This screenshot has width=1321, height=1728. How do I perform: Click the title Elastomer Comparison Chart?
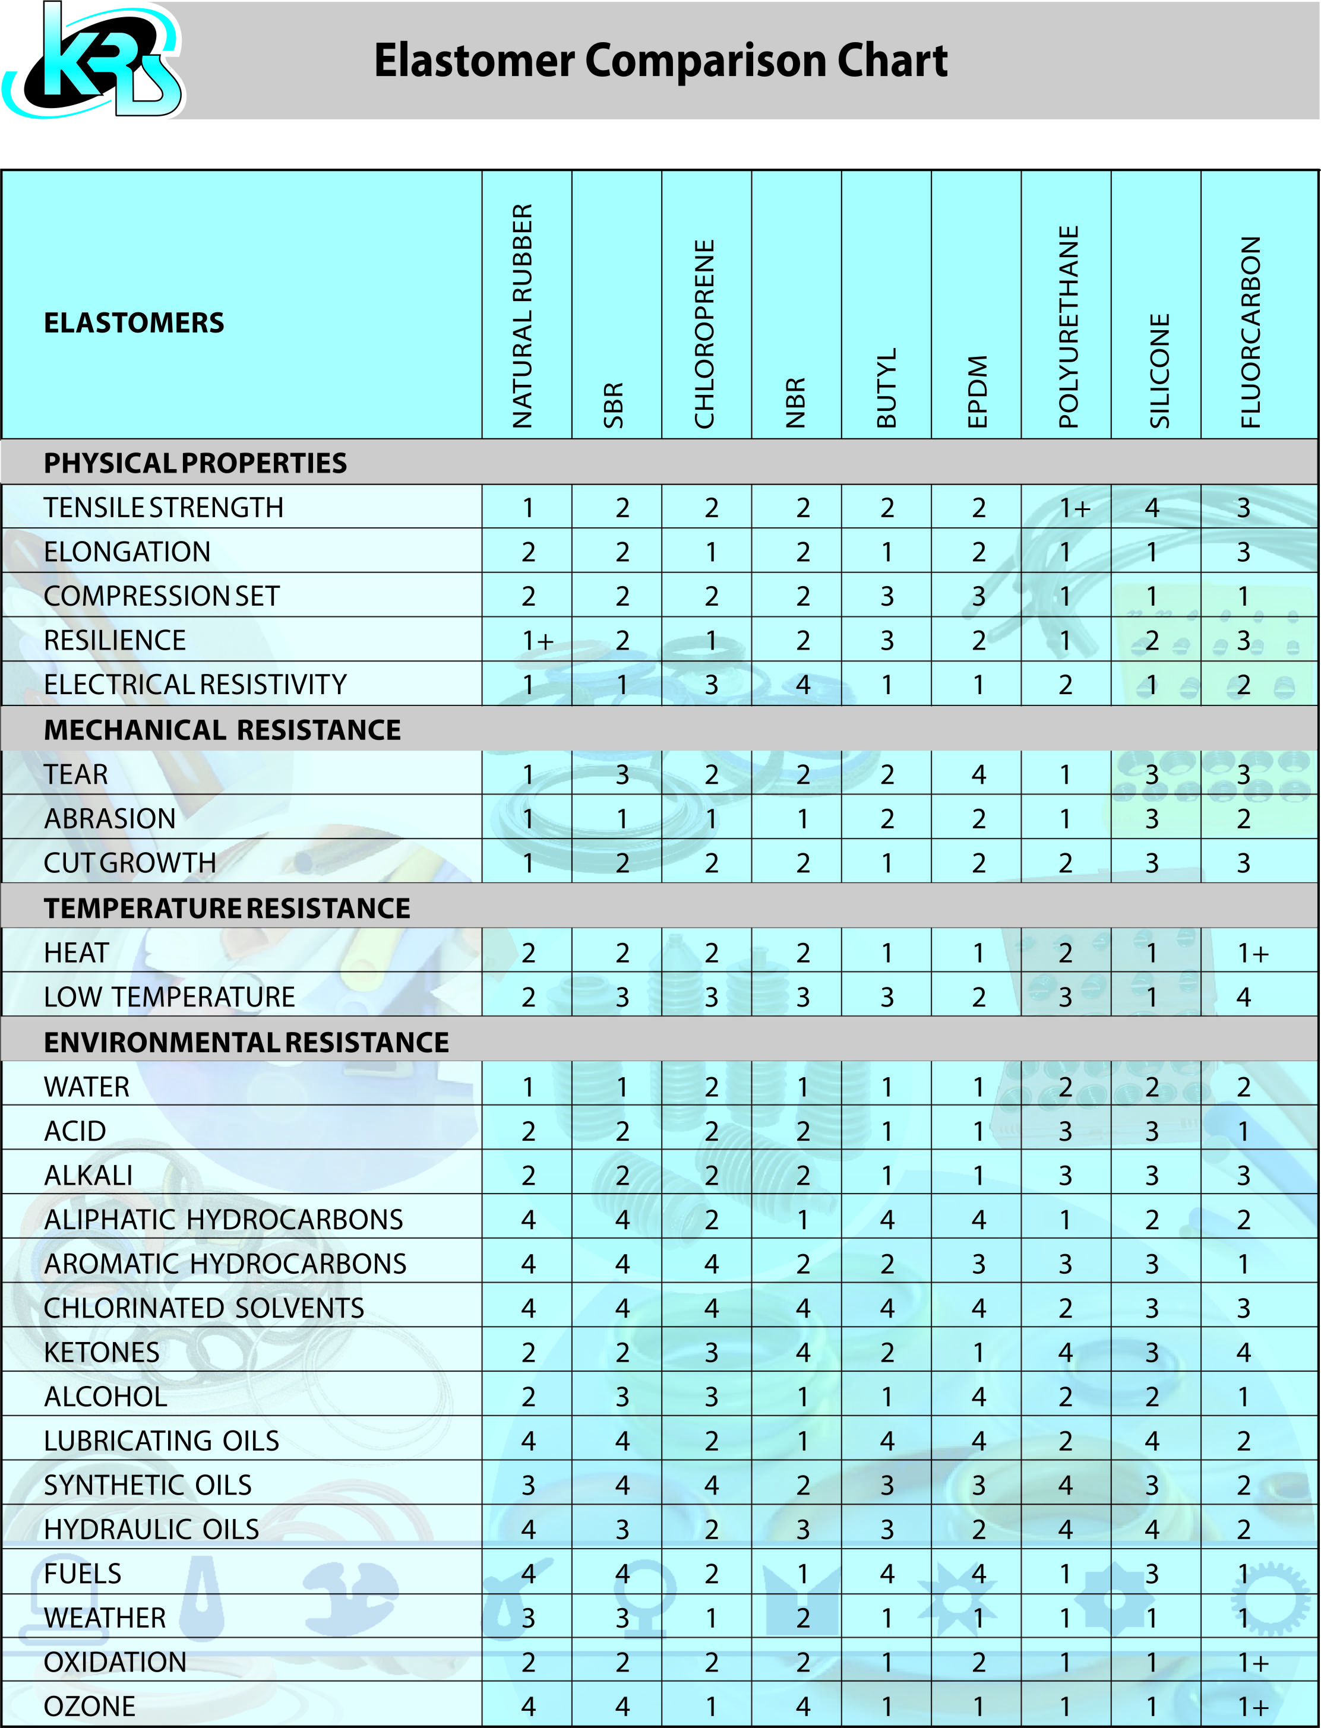click(x=660, y=61)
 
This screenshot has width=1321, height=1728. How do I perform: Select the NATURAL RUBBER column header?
click(x=523, y=316)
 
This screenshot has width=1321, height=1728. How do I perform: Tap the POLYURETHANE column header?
click(x=1069, y=326)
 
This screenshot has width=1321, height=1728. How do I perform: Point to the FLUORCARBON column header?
click(x=1250, y=332)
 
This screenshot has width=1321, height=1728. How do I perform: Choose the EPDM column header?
click(x=977, y=391)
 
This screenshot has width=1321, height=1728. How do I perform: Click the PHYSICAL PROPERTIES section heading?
click(x=195, y=463)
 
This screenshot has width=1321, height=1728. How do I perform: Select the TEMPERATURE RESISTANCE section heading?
click(x=226, y=908)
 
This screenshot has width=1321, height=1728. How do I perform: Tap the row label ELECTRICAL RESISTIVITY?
click(x=195, y=684)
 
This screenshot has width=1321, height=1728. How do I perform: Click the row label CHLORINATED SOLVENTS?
click(x=204, y=1308)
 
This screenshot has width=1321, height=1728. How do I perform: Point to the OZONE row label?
click(x=90, y=1706)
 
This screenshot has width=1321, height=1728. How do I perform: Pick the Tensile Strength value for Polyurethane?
click(x=1074, y=508)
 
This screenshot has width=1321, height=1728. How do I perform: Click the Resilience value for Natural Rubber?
click(x=537, y=641)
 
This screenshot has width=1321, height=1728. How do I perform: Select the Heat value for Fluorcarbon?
click(x=1253, y=953)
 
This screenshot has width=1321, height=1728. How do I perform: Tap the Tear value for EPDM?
click(x=978, y=774)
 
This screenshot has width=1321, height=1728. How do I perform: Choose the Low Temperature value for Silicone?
click(x=1152, y=997)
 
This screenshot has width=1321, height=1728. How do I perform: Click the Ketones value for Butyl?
click(x=887, y=1352)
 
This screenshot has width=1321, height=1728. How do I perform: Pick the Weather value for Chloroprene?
click(x=711, y=1618)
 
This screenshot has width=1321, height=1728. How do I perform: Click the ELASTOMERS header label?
click(x=134, y=322)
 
